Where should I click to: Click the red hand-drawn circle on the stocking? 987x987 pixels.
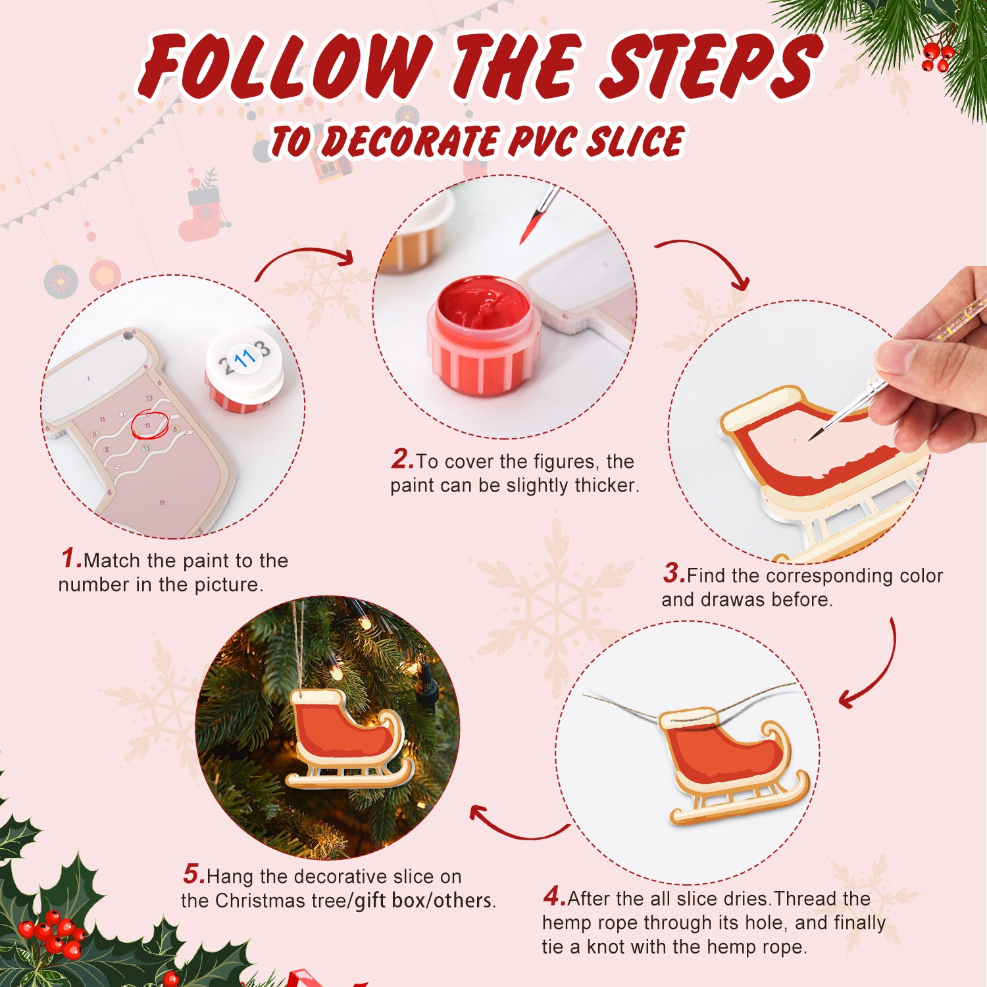pyautogui.click(x=149, y=424)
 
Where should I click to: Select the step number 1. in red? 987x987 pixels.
pyautogui.click(x=71, y=559)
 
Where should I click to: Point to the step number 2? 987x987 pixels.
pyautogui.click(x=402, y=459)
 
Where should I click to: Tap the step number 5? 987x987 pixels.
pyautogui.click(x=194, y=874)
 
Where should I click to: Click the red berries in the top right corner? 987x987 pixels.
pyautogui.click(x=937, y=57)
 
